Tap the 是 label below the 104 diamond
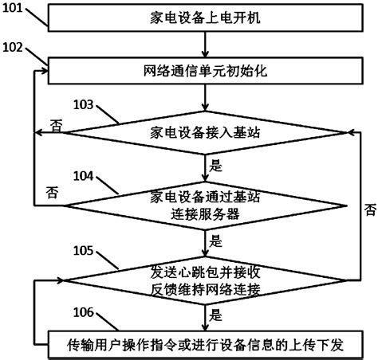216,237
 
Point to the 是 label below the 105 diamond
216,314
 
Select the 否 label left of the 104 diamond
52,192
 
